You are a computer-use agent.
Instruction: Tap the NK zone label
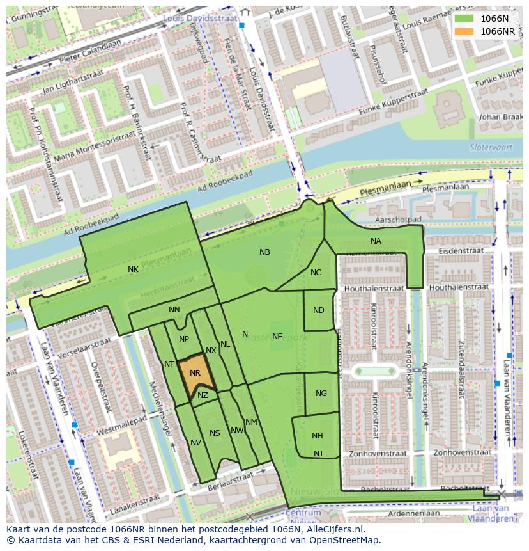(133, 269)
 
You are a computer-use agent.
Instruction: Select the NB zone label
(264, 252)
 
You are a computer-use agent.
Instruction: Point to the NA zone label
(376, 241)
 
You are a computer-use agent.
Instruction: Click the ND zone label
(319, 310)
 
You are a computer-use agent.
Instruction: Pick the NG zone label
(321, 394)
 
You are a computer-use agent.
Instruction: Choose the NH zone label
(318, 436)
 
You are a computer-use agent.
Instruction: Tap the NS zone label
(215, 433)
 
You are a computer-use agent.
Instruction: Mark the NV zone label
(195, 443)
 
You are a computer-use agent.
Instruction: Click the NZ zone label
(203, 395)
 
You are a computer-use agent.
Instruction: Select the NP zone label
(184, 339)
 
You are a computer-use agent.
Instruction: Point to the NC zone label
(316, 273)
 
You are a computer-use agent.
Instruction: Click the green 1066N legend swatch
(464, 19)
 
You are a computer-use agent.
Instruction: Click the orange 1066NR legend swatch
(464, 31)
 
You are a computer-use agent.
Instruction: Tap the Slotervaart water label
(488, 147)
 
